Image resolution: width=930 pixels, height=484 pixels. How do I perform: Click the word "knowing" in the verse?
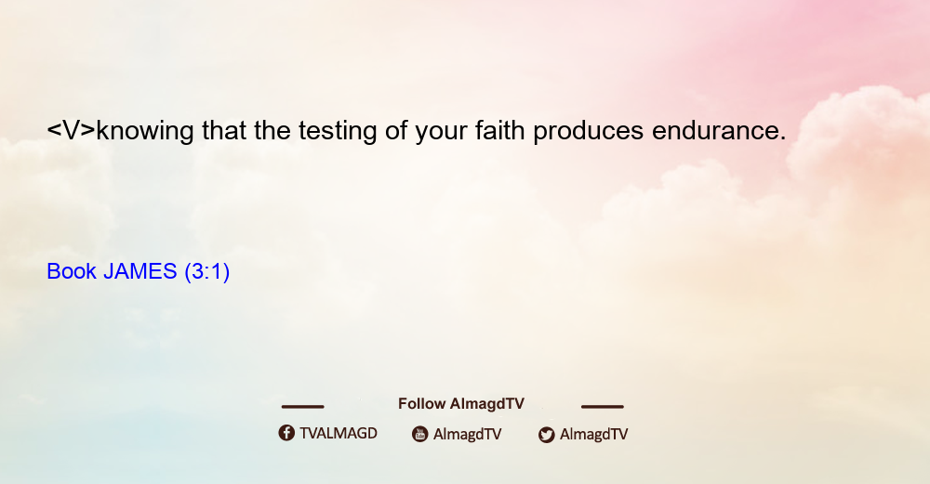click(145, 131)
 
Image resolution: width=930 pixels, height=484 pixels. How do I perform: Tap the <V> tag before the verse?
click(72, 130)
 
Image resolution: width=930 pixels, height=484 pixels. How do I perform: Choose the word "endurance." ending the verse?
click(719, 130)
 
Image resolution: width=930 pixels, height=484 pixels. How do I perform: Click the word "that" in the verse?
click(223, 130)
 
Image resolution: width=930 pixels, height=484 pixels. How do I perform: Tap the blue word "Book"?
click(72, 271)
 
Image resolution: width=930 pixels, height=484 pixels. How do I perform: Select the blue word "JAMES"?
click(140, 271)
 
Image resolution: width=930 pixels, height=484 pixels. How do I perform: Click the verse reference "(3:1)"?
click(207, 272)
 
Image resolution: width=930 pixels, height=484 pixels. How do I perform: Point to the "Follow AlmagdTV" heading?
click(461, 403)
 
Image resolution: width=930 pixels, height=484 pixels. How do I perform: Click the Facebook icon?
click(286, 433)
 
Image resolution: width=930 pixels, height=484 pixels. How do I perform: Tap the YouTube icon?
click(420, 434)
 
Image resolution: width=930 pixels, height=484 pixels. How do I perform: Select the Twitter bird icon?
click(546, 435)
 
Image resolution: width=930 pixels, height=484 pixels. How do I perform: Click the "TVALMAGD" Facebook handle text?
click(339, 433)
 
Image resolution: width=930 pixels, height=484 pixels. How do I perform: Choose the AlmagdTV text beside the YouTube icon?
click(468, 434)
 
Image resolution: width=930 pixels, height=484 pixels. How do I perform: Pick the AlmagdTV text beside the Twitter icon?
click(593, 434)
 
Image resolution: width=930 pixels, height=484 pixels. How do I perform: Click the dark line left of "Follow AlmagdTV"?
click(302, 406)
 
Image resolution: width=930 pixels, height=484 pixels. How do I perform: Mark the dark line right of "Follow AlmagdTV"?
click(603, 406)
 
